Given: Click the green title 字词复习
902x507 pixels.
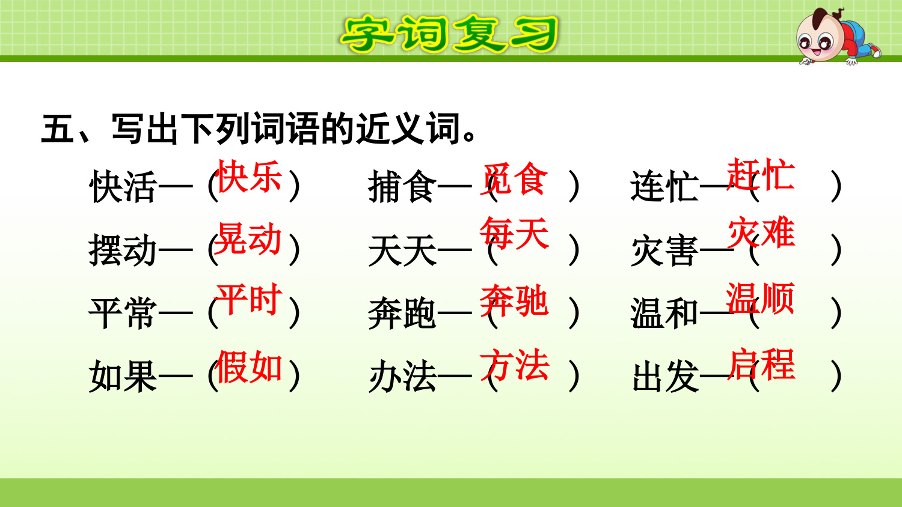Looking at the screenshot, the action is (449, 34).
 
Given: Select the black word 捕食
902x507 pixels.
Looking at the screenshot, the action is (402, 187).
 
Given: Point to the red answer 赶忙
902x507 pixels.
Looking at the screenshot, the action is (760, 174).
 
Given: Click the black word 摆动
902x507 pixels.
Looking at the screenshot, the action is (123, 250).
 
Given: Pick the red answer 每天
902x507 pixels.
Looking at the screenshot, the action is (515, 233).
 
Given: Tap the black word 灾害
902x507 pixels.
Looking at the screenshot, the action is (664, 250).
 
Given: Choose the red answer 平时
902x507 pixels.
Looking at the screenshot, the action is (248, 299).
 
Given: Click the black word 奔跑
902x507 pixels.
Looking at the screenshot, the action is (402, 313).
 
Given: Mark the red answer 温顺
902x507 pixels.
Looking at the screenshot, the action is (760, 298).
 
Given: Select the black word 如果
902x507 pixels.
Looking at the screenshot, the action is (123, 376).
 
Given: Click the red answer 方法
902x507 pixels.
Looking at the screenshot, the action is (515, 365).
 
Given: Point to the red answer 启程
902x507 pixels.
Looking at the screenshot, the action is (761, 365).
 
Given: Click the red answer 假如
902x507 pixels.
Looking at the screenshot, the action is (248, 366).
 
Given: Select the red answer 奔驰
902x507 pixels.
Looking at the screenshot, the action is (514, 300).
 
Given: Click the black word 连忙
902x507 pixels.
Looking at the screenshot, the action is (664, 187).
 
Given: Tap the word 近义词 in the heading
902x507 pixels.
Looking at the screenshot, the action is (408, 129).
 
